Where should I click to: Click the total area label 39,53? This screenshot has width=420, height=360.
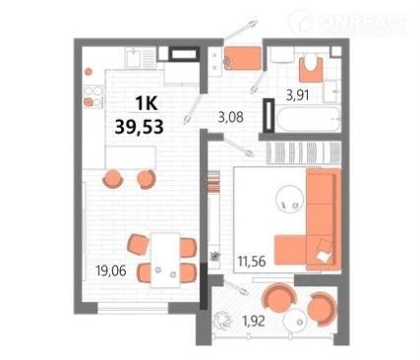[x=139, y=127]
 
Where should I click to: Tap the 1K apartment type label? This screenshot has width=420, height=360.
[x=148, y=104]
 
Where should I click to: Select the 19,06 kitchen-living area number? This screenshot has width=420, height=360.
[x=111, y=270]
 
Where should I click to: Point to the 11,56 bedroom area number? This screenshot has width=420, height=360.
[x=252, y=262]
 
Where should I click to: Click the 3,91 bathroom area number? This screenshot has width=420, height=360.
[x=298, y=95]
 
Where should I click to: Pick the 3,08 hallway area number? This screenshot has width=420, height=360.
[x=231, y=117]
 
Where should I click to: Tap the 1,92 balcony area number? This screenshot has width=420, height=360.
[x=254, y=321]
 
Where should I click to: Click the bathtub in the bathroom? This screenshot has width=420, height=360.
[x=308, y=119]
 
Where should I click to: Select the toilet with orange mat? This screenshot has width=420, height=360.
[x=311, y=68]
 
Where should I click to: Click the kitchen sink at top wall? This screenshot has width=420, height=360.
[x=140, y=58]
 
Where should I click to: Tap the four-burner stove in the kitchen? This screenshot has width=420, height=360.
[x=93, y=95]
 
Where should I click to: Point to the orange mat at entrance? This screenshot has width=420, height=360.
[x=242, y=58]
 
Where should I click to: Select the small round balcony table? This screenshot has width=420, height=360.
[x=296, y=321]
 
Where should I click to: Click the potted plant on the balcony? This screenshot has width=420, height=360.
[x=222, y=320]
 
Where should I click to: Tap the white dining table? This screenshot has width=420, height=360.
[x=165, y=260]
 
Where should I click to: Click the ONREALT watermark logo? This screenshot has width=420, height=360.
[x=348, y=22]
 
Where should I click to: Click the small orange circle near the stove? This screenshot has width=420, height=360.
[x=88, y=71]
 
